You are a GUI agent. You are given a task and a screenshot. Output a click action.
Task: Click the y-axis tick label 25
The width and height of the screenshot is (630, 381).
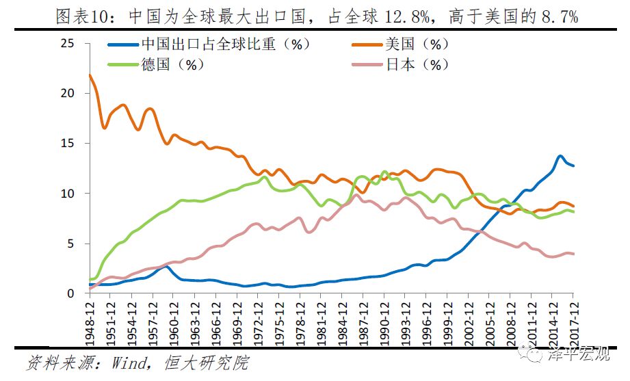tap(66, 43)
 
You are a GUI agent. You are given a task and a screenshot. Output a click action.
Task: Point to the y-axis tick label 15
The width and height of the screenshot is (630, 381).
tap(66, 144)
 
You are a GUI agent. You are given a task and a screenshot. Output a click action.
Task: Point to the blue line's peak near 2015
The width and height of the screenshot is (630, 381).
tap(560, 156)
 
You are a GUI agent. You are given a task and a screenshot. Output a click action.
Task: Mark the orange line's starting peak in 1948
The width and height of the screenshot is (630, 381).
tap(90, 75)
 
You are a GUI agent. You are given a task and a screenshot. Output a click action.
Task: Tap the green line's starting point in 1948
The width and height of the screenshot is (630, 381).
tap(90, 279)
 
